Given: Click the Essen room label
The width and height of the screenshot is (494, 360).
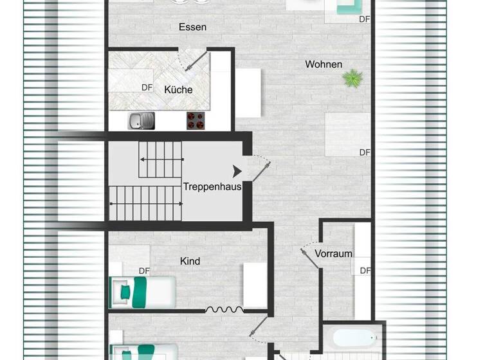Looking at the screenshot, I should coord(192,27).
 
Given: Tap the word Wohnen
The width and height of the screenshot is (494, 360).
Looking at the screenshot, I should coord(324,64).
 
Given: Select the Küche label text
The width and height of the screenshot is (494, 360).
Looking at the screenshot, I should coord(178,90).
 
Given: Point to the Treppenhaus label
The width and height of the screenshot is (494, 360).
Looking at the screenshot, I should coord(212,187).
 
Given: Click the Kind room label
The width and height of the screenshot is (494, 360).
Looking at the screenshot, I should coord(190,261).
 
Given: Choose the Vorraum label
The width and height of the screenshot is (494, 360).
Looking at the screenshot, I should coord(333,254).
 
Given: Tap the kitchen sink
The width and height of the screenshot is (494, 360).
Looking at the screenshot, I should coord(142,120).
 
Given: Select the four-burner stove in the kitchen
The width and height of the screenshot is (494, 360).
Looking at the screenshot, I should coord(196,120).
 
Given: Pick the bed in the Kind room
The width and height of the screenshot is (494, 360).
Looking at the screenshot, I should coord(143,291).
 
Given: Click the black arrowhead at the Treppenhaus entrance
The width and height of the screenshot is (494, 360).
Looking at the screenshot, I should coord(237,171).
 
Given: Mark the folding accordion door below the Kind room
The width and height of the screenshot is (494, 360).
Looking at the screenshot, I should coord(224,310).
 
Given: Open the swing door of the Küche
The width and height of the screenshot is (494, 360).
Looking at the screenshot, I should coord(194,61).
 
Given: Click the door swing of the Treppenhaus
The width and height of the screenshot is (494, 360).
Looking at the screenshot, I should coord(261,168).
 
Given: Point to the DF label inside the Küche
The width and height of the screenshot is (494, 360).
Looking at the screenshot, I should coord(147,87).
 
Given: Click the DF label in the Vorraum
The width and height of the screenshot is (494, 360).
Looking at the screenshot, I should coord(365,271).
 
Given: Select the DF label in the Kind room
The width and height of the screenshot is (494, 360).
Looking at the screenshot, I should coord(145,271).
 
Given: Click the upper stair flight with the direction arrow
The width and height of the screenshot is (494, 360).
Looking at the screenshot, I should coord(161,159).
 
